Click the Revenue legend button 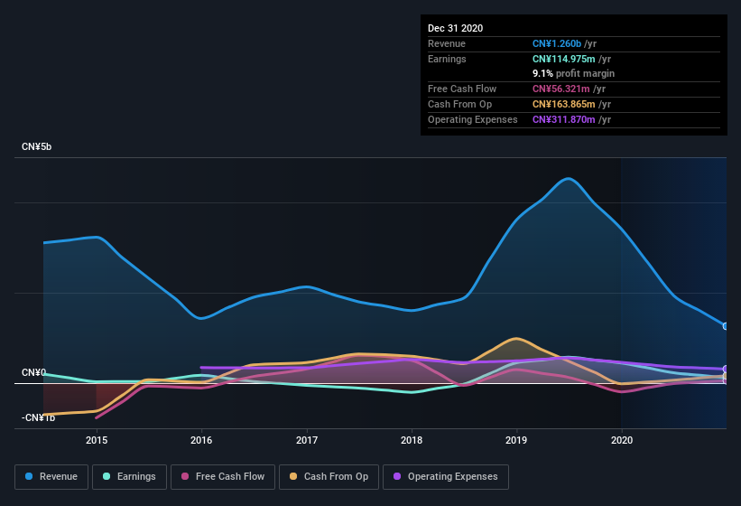[x=51, y=476]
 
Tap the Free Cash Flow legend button [x=222, y=476]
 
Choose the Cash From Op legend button [x=329, y=476]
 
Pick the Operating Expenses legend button [x=445, y=476]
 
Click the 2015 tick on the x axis [x=97, y=441]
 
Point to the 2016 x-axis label [x=201, y=441]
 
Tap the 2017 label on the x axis [x=307, y=441]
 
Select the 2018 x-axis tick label [x=412, y=441]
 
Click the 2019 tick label [x=516, y=441]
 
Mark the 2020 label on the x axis [x=622, y=441]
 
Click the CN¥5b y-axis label [x=37, y=146]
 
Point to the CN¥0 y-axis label [x=34, y=372]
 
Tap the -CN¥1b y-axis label [x=38, y=417]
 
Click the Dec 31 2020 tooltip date [x=455, y=28]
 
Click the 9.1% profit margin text [x=574, y=73]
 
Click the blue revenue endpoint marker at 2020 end [x=726, y=326]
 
